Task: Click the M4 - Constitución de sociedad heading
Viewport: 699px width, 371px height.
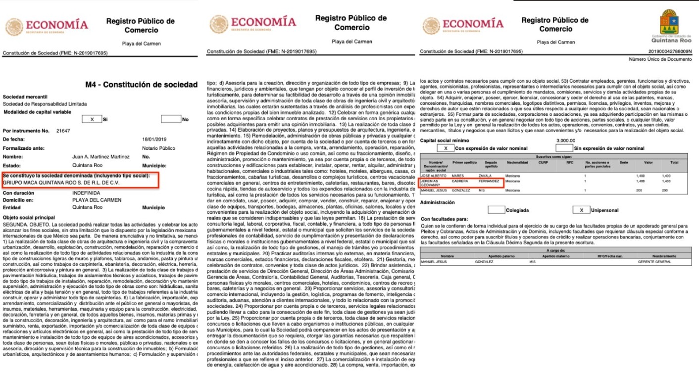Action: pyautogui.click(x=141, y=85)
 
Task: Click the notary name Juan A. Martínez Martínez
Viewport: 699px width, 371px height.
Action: pyautogui.click(x=100, y=157)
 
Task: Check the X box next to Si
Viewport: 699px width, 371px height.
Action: pyautogui.click(x=92, y=119)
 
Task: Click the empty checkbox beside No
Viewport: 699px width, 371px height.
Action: pyautogui.click(x=171, y=119)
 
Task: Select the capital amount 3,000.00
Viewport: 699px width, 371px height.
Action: pyautogui.click(x=566, y=140)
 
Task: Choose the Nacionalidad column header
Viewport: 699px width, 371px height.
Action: pyautogui.click(x=517, y=163)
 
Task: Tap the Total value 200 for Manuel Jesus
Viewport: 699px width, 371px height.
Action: pyautogui.click(x=678, y=190)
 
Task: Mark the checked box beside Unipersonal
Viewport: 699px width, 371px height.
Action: pyautogui.click(x=581, y=210)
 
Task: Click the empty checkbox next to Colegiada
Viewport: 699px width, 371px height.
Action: pyautogui.click(x=497, y=210)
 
